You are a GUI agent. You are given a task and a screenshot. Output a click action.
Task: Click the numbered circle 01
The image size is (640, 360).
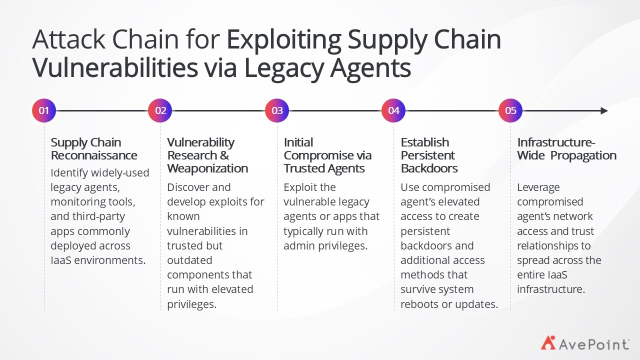click(43, 110)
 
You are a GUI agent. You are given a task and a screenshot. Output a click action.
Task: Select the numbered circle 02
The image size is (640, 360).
click(160, 110)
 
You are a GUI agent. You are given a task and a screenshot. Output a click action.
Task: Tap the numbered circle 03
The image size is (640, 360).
click(277, 110)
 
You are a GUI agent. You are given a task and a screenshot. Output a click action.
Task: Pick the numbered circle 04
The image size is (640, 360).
click(393, 110)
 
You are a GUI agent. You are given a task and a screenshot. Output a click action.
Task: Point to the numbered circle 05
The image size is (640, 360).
click(510, 110)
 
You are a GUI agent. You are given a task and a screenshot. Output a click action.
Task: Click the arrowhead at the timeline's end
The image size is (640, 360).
click(604, 110)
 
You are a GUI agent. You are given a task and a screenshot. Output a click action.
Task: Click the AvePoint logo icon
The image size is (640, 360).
click(548, 343)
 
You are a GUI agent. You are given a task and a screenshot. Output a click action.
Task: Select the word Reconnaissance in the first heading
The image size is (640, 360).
click(94, 155)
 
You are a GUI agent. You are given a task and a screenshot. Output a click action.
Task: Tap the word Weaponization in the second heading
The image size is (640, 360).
click(207, 168)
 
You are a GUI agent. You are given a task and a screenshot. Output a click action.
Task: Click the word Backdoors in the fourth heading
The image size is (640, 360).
click(429, 168)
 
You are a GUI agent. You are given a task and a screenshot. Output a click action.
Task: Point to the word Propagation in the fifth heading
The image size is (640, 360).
click(583, 156)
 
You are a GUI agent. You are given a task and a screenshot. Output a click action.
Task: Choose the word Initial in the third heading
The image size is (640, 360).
click(298, 142)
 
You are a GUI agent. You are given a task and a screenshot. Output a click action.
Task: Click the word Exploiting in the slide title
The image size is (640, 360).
click(284, 40)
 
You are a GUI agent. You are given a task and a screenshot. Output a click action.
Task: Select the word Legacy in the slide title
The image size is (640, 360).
click(284, 68)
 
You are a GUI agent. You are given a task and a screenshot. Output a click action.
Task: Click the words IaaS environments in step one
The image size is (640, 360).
click(98, 260)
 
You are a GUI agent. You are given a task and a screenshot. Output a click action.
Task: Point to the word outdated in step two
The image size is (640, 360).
click(189, 260)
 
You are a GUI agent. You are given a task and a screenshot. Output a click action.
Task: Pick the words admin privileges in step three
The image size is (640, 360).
click(325, 246)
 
